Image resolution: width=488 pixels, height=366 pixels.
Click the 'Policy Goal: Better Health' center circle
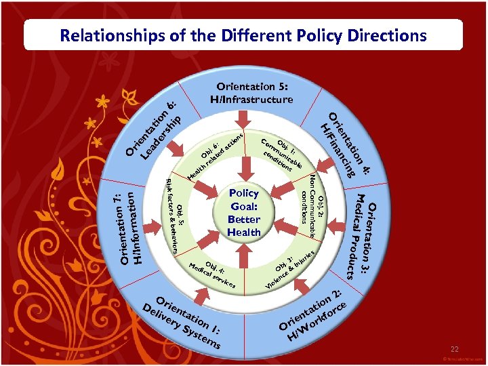[x=244, y=212]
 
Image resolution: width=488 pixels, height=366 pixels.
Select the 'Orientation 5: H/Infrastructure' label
[x=252, y=93]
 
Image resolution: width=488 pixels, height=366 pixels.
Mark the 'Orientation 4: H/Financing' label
[x=346, y=144]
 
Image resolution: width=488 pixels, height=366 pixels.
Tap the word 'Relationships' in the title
[x=108, y=35]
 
